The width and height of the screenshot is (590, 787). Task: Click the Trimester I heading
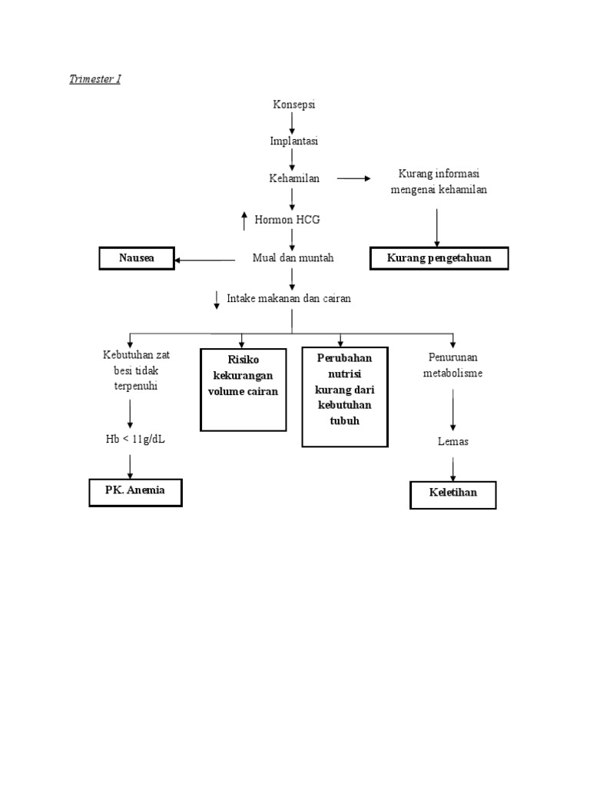[94, 80]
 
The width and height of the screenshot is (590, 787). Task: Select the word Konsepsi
[293, 105]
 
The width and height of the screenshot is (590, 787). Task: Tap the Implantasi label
[293, 141]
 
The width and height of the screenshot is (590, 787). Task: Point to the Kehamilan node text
[293, 178]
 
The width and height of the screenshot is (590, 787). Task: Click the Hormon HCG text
[287, 220]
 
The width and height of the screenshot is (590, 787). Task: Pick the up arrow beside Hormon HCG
[244, 220]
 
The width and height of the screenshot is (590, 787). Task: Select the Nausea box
[137, 259]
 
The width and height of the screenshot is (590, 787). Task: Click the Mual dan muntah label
[293, 259]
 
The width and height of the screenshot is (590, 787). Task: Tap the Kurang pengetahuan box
[439, 259]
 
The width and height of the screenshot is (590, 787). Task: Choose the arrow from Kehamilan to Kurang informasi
[353, 178]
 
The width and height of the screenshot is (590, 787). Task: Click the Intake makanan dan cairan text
[289, 298]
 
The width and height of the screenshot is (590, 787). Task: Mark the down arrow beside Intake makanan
[217, 300]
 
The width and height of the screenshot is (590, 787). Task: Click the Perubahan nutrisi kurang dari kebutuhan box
[344, 397]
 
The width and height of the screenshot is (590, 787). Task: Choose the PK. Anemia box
[136, 491]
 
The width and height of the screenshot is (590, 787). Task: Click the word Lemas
[453, 442]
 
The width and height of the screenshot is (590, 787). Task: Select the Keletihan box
[453, 494]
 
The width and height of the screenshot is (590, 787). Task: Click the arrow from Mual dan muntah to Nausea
[205, 261]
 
